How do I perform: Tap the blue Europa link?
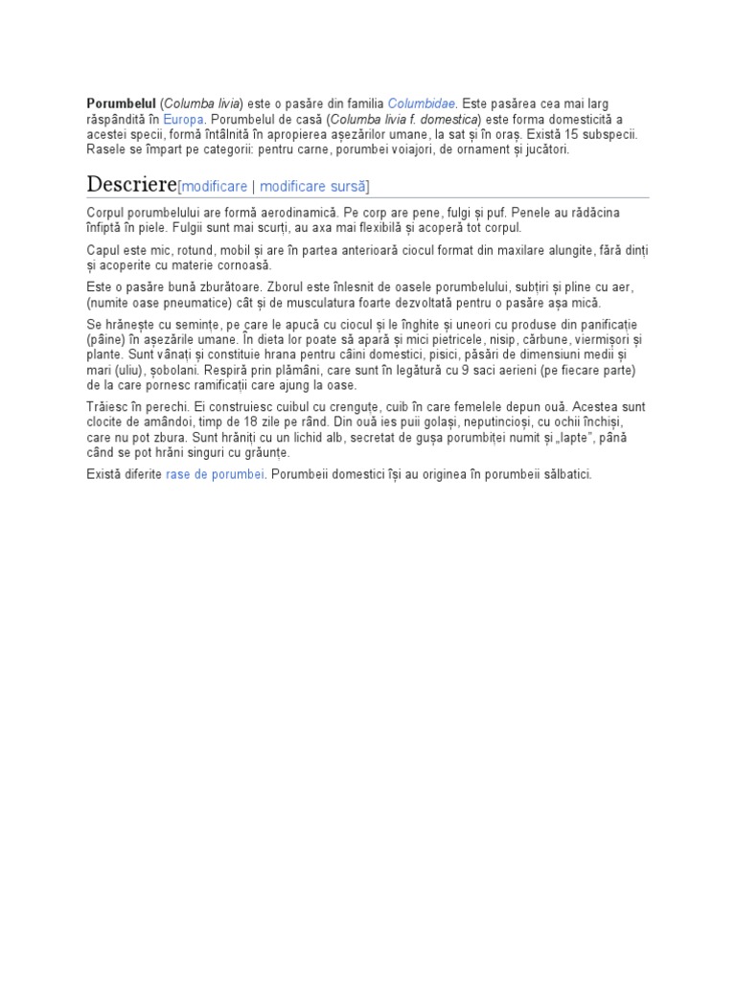click(183, 120)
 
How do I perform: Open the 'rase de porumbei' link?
click(215, 474)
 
